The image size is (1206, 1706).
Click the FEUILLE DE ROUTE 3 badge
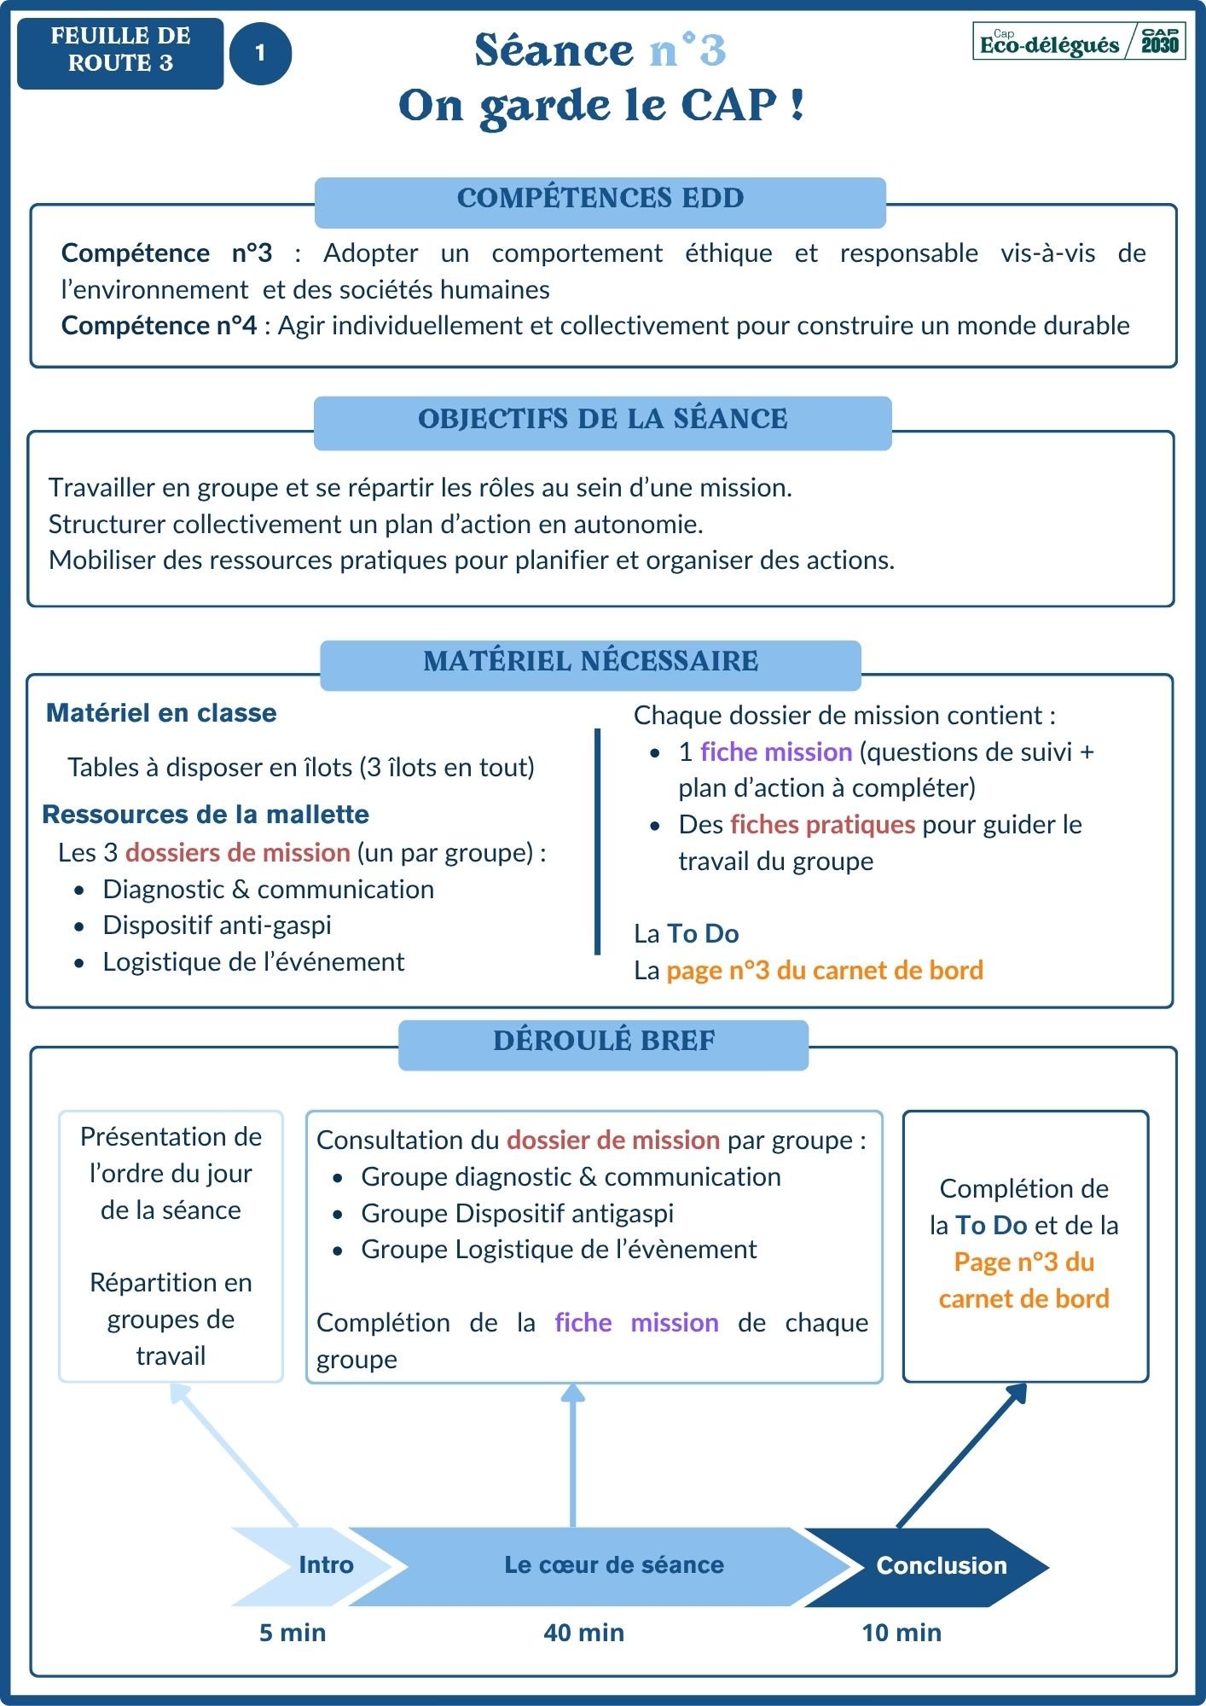120,53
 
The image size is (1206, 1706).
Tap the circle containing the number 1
260,54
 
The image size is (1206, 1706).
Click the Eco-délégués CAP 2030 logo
1079,41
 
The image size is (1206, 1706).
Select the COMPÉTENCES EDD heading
600,199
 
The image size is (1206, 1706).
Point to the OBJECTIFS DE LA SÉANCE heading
602,420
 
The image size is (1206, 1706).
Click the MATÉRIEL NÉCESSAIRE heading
590,662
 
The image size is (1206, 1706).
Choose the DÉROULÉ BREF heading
603,1042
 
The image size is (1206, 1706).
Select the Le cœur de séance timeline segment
613,1565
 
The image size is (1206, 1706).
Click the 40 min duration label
583,1633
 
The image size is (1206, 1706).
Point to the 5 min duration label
293,1633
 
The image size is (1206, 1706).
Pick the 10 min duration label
902,1633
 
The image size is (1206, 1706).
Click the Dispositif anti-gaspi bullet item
217,926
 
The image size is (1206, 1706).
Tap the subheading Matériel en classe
161,713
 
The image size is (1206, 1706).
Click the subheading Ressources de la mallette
206,815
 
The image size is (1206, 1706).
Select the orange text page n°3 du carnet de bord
824,971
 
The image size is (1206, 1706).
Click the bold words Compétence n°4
159,326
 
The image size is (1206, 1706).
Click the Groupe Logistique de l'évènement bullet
558,1250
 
